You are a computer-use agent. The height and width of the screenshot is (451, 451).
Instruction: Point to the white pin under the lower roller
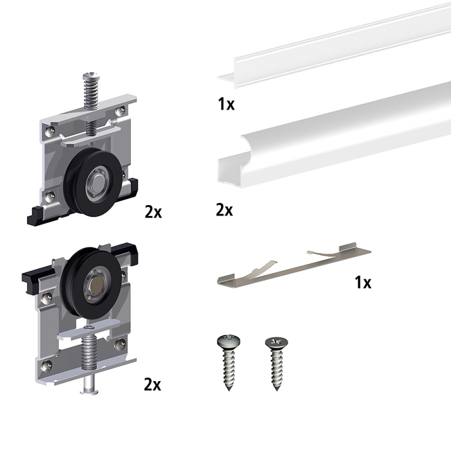coord(89,385)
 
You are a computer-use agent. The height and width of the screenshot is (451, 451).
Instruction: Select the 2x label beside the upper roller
coord(153,213)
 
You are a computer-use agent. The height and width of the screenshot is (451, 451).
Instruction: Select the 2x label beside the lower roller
coord(152,384)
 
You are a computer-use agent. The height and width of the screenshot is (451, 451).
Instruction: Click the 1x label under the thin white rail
coord(227,104)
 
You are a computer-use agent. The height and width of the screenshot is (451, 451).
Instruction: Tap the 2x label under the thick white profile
coord(224,210)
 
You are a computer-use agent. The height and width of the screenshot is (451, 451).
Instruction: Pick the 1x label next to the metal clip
coord(363,282)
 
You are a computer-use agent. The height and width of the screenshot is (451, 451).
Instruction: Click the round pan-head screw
coord(229,362)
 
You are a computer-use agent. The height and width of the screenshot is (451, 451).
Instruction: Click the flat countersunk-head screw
coord(276,364)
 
